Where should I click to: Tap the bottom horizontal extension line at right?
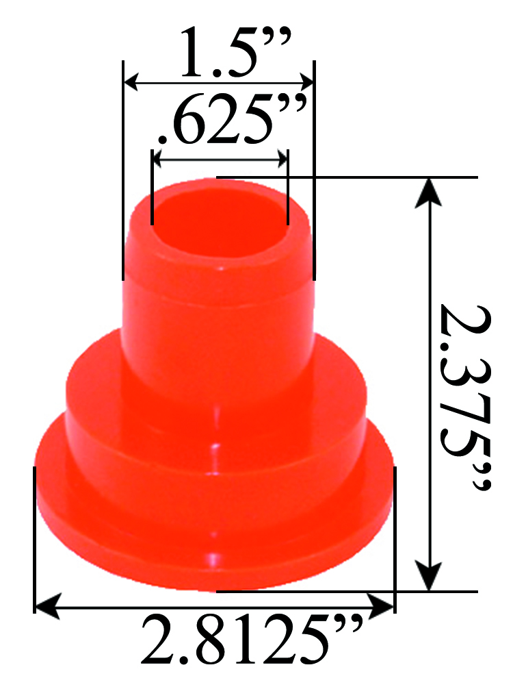[438, 590]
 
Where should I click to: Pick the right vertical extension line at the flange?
[395, 527]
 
